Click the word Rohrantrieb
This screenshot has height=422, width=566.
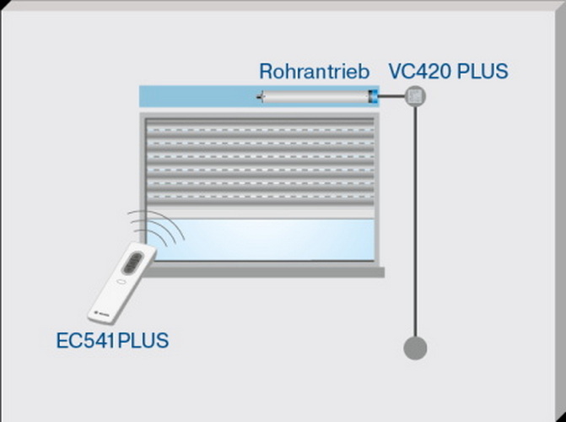coord(315,71)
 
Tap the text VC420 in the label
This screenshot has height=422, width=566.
coord(420,71)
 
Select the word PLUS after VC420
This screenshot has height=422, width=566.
coord(482,71)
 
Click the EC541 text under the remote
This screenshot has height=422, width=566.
coord(85,340)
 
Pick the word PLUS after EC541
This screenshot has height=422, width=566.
coord(143,340)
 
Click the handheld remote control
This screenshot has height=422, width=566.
coord(122,283)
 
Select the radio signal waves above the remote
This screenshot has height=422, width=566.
coord(157,229)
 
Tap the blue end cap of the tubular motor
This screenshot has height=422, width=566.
coord(373,97)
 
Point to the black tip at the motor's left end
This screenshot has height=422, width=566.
coord(261,97)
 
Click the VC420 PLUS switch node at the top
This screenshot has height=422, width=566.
coord(415,96)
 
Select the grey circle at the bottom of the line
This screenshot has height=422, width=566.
coord(415,348)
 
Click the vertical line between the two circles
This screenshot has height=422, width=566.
coord(416,221)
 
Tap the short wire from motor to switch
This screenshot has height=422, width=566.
coord(391,96)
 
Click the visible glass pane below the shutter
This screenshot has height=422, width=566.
coord(261,240)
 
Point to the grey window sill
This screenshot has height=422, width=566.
coord(263,272)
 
